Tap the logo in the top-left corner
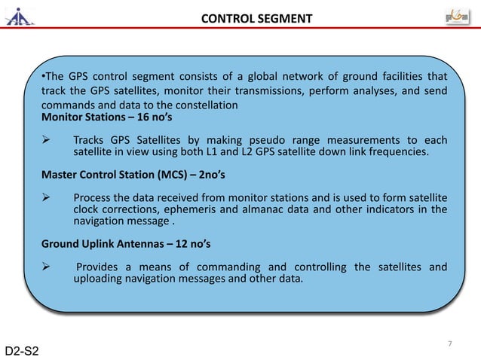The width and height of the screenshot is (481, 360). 20,17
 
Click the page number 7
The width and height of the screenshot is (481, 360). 449,344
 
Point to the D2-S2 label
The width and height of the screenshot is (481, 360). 23,351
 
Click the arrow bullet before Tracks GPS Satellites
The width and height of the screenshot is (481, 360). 47,140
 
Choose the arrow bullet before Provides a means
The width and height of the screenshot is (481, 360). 47,267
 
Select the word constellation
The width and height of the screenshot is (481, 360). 204,105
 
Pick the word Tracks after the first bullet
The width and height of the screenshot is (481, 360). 90,140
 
